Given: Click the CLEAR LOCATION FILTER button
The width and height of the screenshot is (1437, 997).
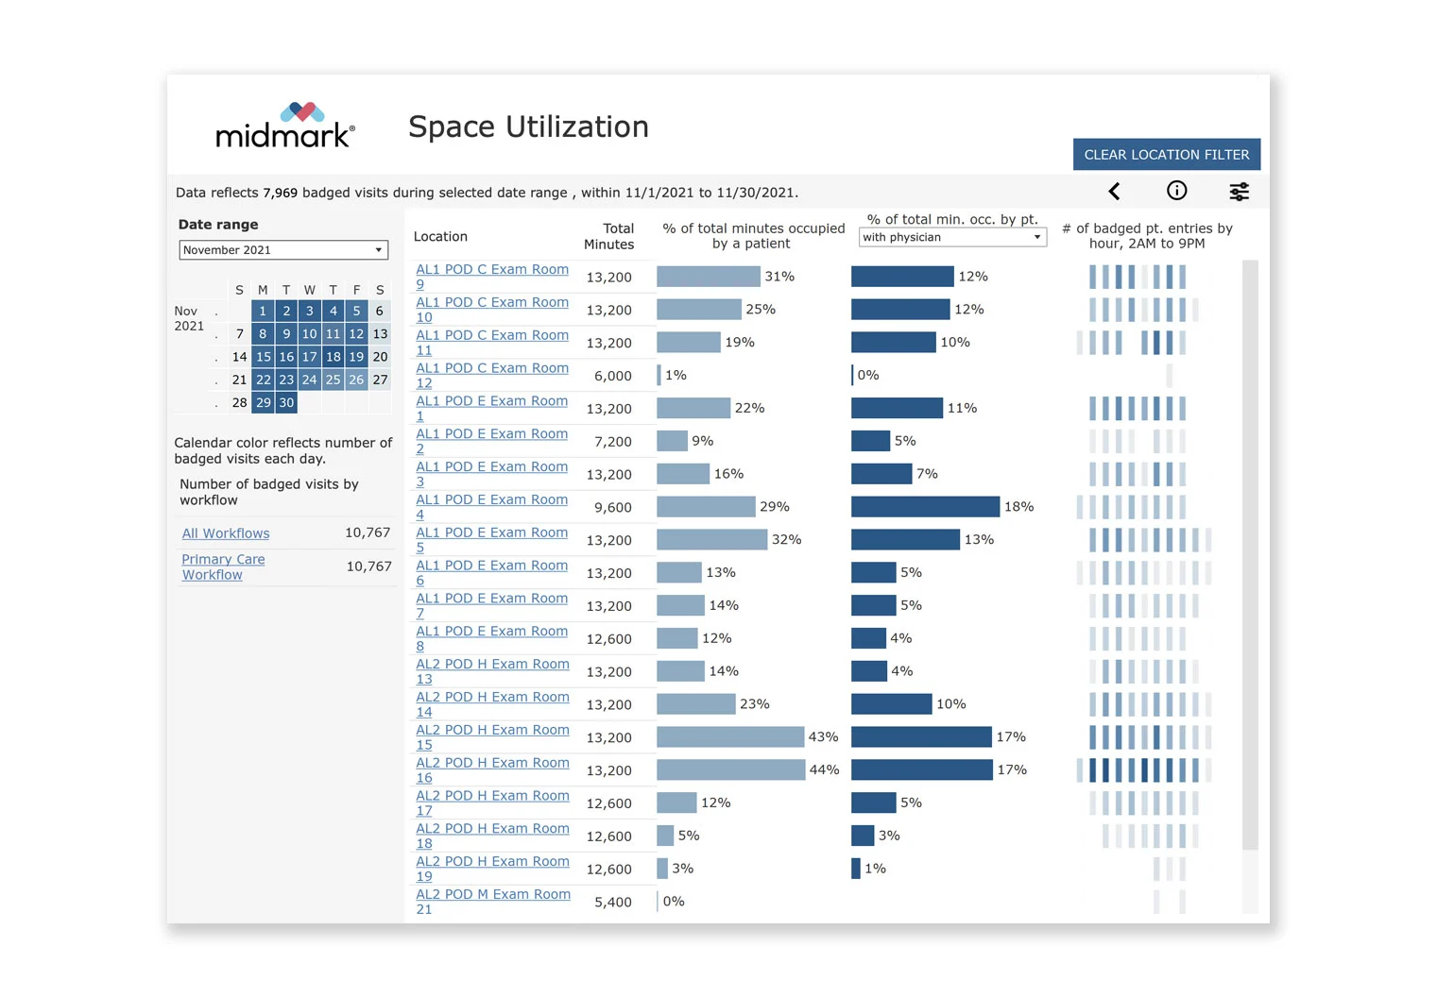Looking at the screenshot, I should tap(1166, 155).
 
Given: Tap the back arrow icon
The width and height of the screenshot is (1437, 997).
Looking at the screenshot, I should tap(1115, 192).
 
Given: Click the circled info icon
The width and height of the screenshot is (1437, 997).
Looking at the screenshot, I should tap(1176, 191).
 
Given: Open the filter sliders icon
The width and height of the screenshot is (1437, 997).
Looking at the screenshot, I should tap(1239, 192).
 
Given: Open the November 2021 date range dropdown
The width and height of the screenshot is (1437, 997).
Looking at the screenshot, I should tap(282, 250).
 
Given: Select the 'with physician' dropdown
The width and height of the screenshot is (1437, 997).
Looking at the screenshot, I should tap(951, 237).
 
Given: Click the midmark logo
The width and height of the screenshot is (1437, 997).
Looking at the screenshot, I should tap(284, 127).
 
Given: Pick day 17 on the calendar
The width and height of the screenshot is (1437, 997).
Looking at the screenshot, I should tap(309, 357).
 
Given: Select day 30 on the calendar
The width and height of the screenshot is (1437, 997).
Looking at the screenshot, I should tap(286, 402).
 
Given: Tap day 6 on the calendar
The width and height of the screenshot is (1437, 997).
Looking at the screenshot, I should tap(380, 311).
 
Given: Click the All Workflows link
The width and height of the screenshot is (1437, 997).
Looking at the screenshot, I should tap(226, 533).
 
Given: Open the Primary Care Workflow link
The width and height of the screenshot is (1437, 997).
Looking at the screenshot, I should tap(223, 566).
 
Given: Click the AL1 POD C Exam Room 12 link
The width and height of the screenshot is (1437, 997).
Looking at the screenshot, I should tap(491, 375).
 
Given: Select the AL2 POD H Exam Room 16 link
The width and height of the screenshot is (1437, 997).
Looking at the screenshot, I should tap(491, 769).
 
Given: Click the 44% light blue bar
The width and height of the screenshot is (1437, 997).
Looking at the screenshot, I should tap(730, 770).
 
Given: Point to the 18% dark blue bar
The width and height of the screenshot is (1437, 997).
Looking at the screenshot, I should tap(925, 507).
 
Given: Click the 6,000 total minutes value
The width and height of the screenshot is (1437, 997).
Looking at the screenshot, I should tap(612, 376).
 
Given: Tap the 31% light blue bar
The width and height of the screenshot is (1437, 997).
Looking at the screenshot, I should tap(708, 277).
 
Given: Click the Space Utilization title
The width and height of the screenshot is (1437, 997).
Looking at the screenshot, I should tap(528, 127).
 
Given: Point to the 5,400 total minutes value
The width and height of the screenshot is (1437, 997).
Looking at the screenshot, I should tap(612, 902).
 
